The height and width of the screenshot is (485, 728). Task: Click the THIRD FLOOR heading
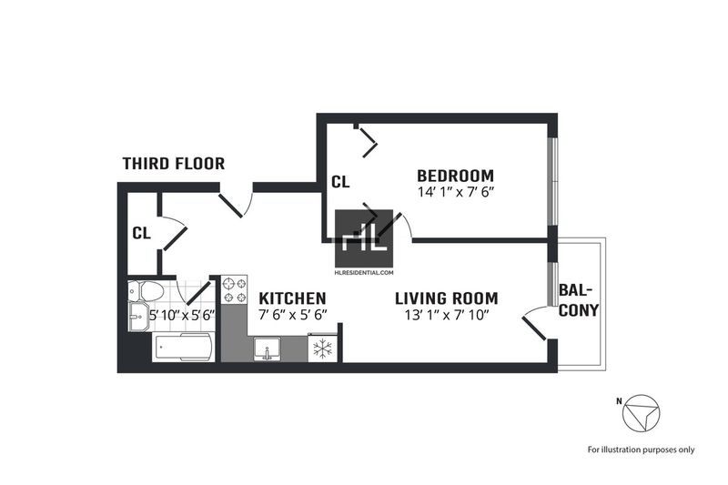click(174, 164)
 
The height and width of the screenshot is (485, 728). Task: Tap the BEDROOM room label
click(456, 176)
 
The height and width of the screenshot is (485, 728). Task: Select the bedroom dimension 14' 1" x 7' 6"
click(455, 192)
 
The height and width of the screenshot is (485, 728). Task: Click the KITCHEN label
click(292, 298)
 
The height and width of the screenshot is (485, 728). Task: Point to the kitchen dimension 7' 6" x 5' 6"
click(293, 314)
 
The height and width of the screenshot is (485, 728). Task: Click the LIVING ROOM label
click(447, 298)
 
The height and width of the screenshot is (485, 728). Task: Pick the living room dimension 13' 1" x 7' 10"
click(447, 315)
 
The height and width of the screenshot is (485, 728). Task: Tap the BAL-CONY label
click(579, 301)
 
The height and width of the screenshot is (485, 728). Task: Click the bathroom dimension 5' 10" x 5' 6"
click(182, 315)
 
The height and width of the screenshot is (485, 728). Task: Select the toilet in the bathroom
click(147, 291)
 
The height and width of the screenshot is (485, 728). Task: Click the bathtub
click(184, 347)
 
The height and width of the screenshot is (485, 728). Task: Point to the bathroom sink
click(138, 317)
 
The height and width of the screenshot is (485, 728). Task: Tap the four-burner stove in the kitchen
click(235, 290)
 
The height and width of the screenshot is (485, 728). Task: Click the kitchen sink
click(267, 349)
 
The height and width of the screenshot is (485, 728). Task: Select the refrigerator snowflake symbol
click(322, 349)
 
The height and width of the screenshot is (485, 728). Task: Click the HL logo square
click(364, 238)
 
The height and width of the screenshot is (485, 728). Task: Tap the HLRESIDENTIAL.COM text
click(364, 273)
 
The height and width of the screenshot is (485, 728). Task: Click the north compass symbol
click(642, 413)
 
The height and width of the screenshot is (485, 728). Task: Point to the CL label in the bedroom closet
click(340, 182)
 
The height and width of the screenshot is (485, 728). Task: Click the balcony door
click(534, 328)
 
